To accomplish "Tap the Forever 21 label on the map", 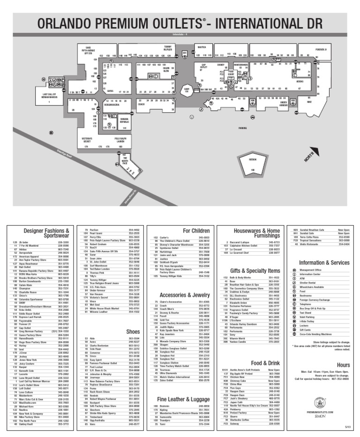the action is tap(321, 49).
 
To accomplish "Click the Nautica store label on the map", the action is tap(202, 47).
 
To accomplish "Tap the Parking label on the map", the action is tap(242, 128).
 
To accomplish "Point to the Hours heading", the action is tap(343, 364).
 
